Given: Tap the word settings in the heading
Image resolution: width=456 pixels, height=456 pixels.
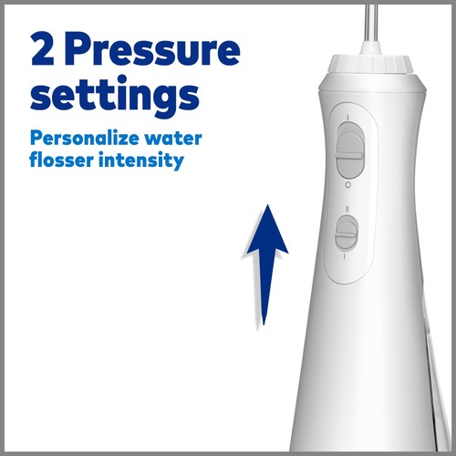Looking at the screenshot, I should pos(114,94).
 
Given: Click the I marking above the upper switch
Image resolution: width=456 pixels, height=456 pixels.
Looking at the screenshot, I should pos(349,116).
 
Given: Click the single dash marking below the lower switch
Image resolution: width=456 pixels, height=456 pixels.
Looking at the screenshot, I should pos(345,258).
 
